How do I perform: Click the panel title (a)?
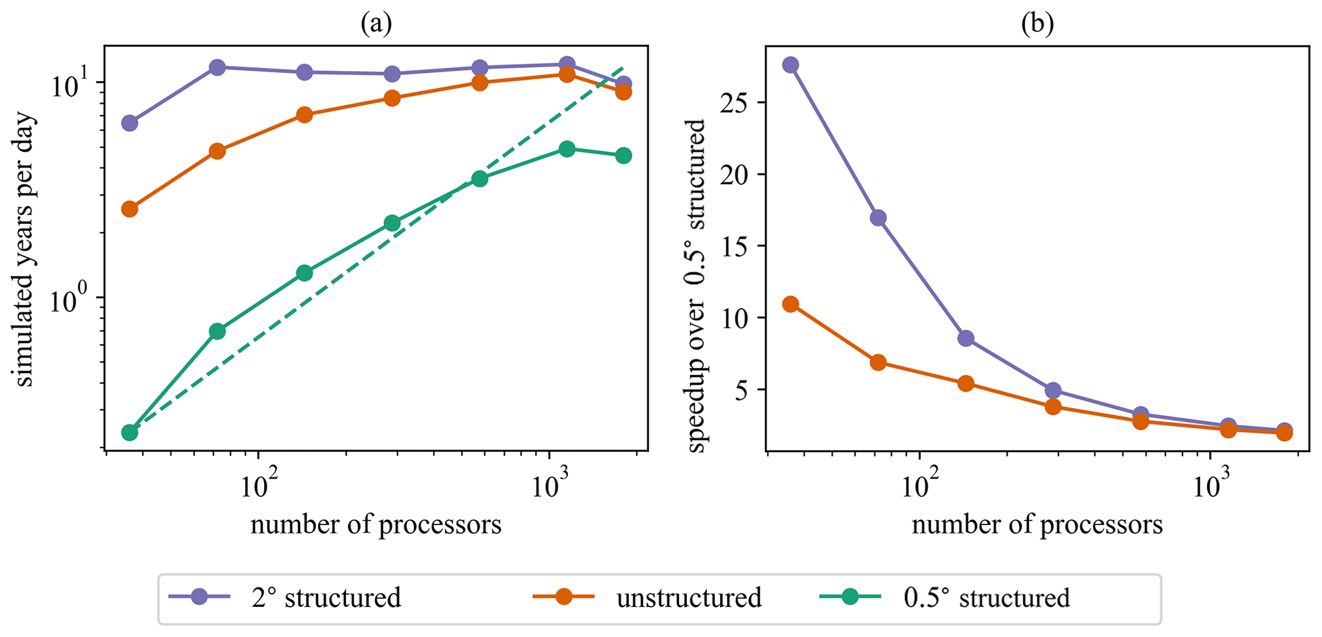tap(376, 24)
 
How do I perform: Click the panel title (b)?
tap(1037, 24)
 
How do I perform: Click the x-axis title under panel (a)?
tap(376, 524)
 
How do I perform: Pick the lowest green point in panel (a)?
tap(130, 433)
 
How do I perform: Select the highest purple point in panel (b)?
tap(791, 65)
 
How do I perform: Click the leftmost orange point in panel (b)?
tap(791, 304)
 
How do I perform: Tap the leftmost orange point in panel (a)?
tap(130, 209)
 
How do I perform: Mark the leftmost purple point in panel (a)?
tap(130, 123)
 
